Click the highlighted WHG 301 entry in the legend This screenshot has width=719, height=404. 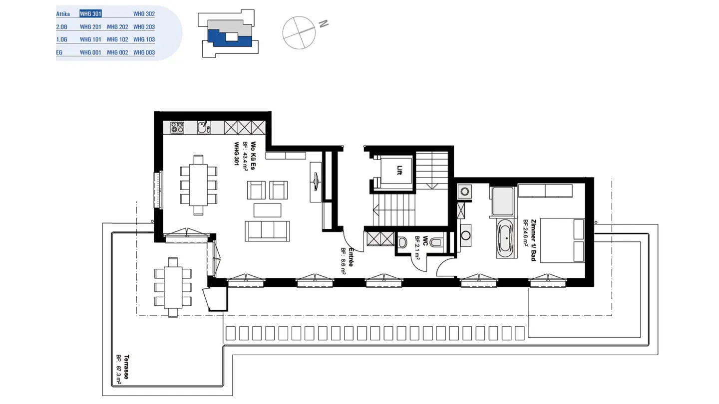[90, 13]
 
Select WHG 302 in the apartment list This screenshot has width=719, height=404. [144, 14]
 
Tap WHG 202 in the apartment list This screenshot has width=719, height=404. [117, 27]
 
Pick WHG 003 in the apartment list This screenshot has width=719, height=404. [144, 52]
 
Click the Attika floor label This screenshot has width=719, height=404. [63, 14]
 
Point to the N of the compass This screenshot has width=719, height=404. [324, 24]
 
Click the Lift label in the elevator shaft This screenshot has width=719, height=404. [399, 170]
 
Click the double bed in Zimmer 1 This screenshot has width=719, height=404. [562, 240]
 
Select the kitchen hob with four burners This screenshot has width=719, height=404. [177, 127]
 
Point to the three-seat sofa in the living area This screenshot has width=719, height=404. [268, 231]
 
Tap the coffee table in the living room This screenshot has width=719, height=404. [268, 210]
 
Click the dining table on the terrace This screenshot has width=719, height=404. [173, 287]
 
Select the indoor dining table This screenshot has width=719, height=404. [198, 185]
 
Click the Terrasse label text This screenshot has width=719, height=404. [126, 367]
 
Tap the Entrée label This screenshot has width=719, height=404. [351, 257]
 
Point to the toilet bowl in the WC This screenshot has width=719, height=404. [435, 242]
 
